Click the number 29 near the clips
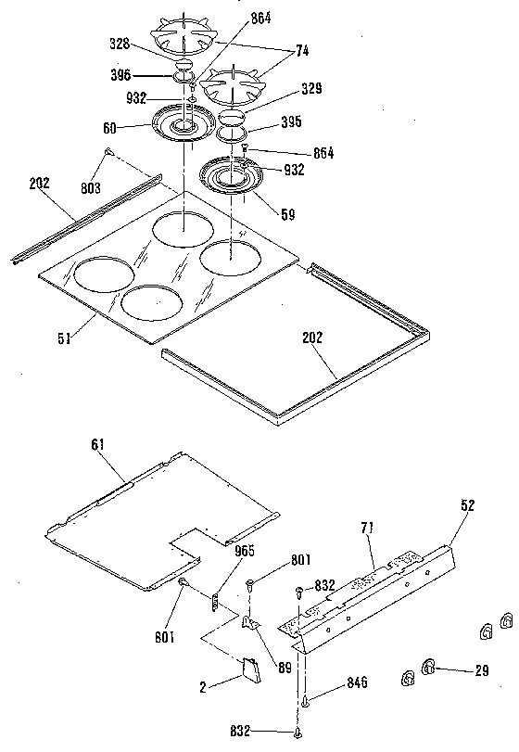481,669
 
